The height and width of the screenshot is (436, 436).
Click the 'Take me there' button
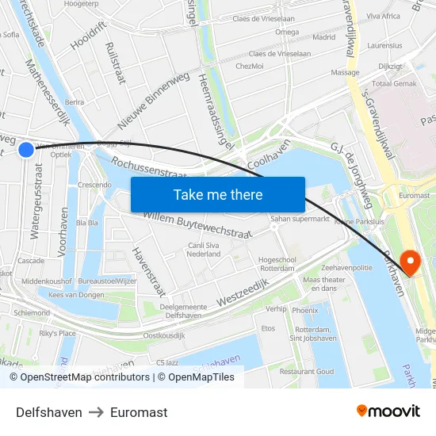click(x=218, y=194)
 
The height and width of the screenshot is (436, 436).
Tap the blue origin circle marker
click(x=26, y=149)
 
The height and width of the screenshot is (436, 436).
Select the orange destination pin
click(x=411, y=261)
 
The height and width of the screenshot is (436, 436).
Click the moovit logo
click(x=388, y=411)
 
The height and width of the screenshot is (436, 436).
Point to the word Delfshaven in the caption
click(x=49, y=412)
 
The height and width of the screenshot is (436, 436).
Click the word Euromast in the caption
click(x=139, y=412)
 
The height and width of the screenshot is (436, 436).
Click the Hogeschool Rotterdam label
click(x=277, y=264)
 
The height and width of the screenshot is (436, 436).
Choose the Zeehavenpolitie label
click(x=346, y=269)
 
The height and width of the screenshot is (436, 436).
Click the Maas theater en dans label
click(x=323, y=284)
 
